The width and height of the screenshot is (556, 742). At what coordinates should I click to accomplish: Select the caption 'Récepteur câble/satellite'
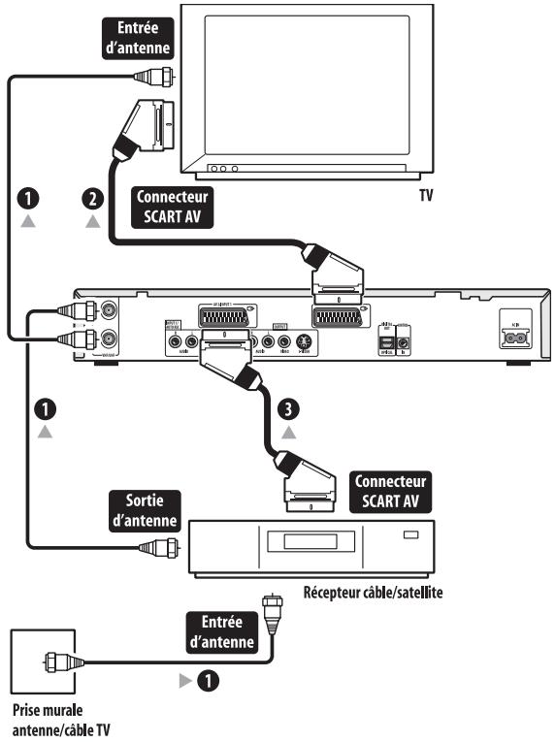point(373,591)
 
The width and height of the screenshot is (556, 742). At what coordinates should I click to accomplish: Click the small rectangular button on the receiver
point(411,534)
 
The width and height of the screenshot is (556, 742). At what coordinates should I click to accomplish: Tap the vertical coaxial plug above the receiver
point(271,608)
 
